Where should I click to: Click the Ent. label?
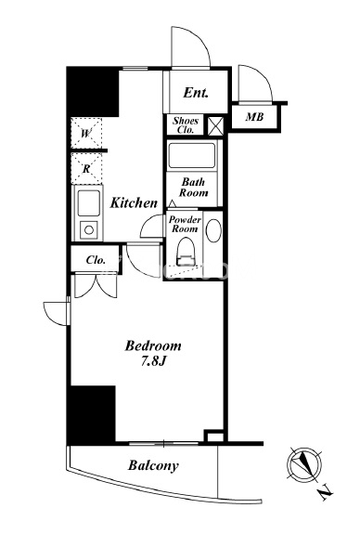click(x=196, y=93)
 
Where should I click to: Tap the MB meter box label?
click(x=254, y=117)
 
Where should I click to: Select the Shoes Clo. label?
click(x=186, y=125)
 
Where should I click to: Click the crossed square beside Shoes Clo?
click(x=216, y=125)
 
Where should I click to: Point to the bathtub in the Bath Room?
click(x=192, y=156)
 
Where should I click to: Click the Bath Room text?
click(x=194, y=188)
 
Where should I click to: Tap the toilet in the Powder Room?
click(x=186, y=252)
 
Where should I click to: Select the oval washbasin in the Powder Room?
click(x=213, y=230)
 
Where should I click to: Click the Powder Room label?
click(x=185, y=224)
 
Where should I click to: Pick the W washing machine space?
click(x=86, y=133)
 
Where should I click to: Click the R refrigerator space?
click(x=86, y=168)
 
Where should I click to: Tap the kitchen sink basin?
click(x=89, y=203)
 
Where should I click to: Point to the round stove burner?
click(x=89, y=230)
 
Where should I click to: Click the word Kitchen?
click(x=134, y=203)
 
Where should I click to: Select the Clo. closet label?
click(x=96, y=260)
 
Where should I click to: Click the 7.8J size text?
click(x=153, y=361)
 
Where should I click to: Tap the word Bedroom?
click(x=153, y=345)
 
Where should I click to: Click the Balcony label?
click(x=153, y=465)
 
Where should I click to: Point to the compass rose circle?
click(x=304, y=465)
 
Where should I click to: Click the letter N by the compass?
click(x=326, y=492)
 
